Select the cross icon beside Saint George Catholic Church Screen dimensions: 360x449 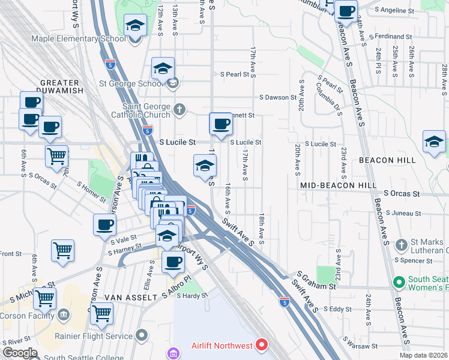178,110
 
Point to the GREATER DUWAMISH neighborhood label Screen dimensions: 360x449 59,87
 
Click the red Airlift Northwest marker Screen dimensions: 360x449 261,344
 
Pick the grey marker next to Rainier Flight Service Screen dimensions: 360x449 141,334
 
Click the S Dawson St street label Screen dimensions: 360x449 278,97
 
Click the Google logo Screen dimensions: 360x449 20,353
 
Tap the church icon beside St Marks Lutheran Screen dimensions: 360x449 402,245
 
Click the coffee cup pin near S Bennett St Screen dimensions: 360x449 221,124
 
